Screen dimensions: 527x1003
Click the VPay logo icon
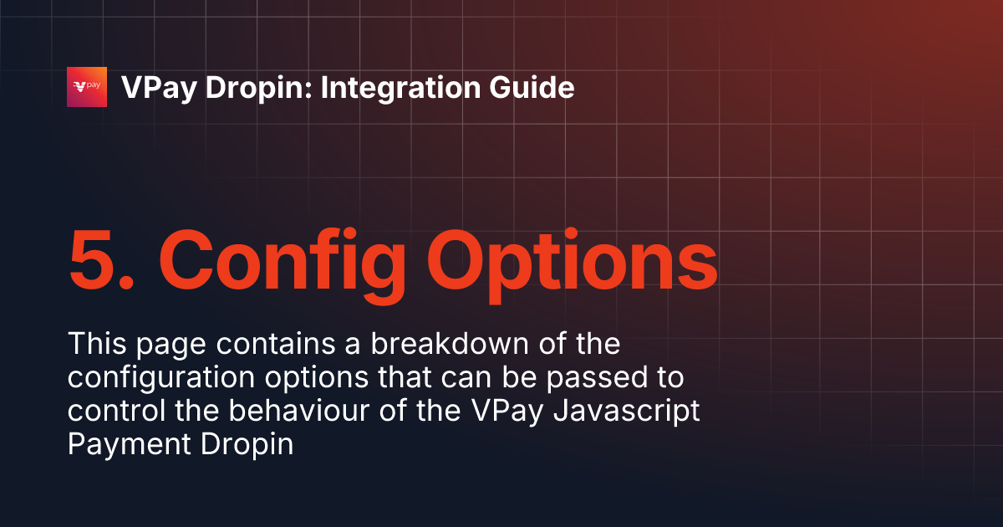point(87,87)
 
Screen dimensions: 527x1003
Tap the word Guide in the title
point(537,88)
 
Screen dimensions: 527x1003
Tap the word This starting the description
point(98,344)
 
